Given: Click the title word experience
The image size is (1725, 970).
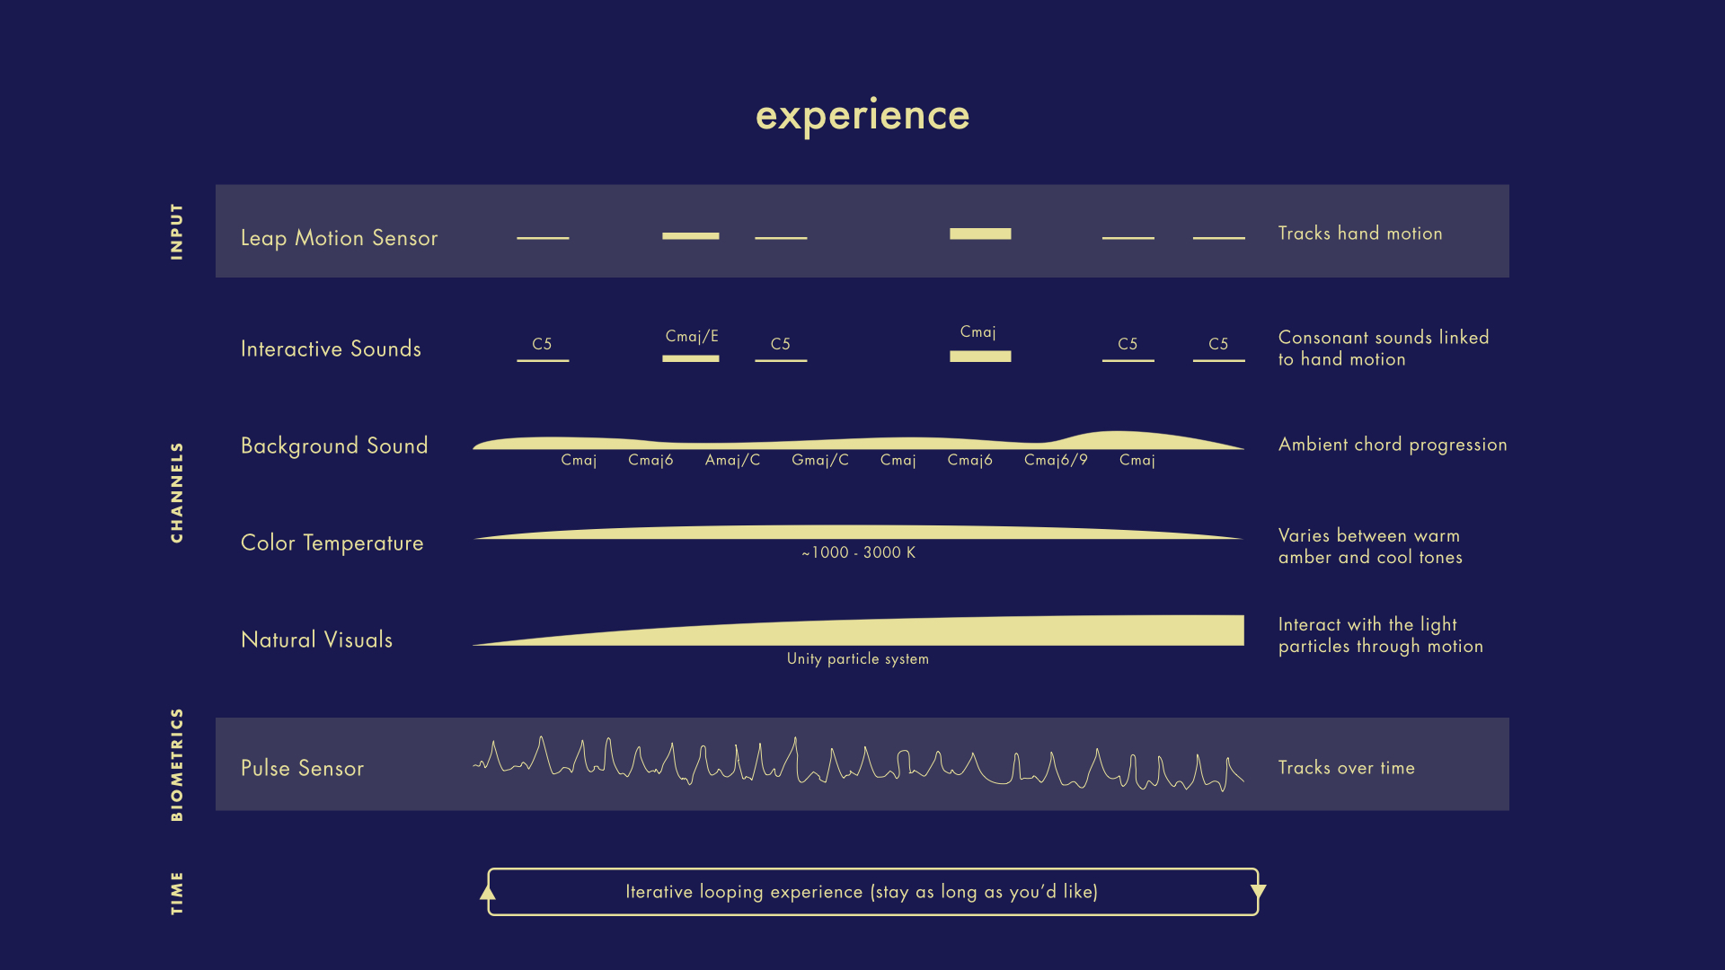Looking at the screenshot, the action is coord(862,116).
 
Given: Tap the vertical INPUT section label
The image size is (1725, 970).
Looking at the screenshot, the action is coord(177,232).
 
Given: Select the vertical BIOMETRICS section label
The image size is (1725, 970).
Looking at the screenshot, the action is coord(177,764).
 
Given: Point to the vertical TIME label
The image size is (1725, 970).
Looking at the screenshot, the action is coord(177,893).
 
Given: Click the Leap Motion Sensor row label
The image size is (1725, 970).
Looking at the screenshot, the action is coord(340,238).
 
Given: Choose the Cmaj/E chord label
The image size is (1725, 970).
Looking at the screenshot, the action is coord(692,336).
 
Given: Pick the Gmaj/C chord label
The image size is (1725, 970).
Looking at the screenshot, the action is coord(820,460).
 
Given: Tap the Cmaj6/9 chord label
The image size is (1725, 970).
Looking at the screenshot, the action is coord(1056,460).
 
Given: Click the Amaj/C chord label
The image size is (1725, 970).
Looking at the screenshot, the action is coord(732,460).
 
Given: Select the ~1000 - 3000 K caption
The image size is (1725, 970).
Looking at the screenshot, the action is coord(859,552).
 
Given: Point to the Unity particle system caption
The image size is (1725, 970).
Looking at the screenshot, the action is coord(858,659).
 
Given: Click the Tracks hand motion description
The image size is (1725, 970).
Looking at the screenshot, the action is coord(1360,234).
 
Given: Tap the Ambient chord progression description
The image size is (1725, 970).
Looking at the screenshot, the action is coord(1393,445).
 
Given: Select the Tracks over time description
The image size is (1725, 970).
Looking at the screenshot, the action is coord(1347,768).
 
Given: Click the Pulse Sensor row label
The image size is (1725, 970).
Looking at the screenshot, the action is coord(303,769).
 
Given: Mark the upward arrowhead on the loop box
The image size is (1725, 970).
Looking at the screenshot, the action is coord(488,892).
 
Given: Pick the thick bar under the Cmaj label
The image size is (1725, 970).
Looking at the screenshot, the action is coord(980,357).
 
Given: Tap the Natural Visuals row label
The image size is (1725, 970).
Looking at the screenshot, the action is coord(317,639).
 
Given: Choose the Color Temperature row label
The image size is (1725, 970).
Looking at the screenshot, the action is coord(332,543).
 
